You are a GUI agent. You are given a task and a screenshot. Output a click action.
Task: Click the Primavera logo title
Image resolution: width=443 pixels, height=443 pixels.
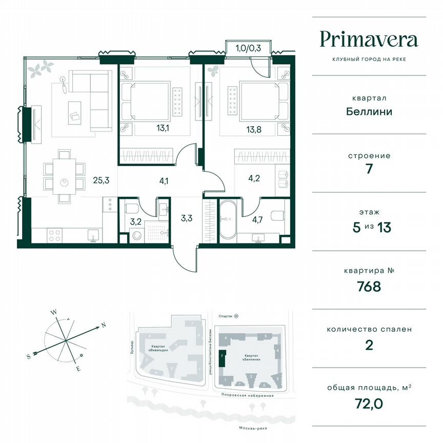click(369, 39)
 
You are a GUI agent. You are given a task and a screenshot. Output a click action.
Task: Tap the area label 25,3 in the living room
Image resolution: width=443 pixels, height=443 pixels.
click(100, 180)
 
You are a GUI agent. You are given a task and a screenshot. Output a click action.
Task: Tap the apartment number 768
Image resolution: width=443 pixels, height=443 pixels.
click(369, 286)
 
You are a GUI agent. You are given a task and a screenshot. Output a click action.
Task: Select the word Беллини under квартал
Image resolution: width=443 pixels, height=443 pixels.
click(369, 111)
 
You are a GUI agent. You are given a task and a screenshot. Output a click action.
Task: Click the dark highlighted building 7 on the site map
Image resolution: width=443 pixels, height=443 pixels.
click(221, 358)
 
